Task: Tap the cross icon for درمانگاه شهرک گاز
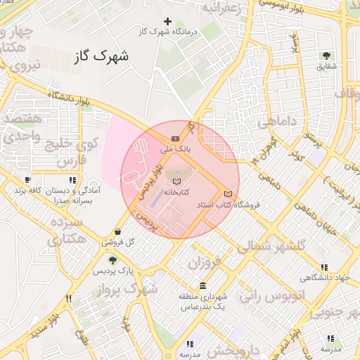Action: (x=167, y=21)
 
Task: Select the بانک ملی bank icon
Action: (x=175, y=139)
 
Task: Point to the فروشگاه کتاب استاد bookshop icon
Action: (x=226, y=194)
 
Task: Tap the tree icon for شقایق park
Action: (x=326, y=56)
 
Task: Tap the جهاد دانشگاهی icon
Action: (x=323, y=267)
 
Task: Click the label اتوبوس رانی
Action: (x=269, y=295)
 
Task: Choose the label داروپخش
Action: (x=240, y=349)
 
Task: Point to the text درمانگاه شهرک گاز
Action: (x=167, y=32)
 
